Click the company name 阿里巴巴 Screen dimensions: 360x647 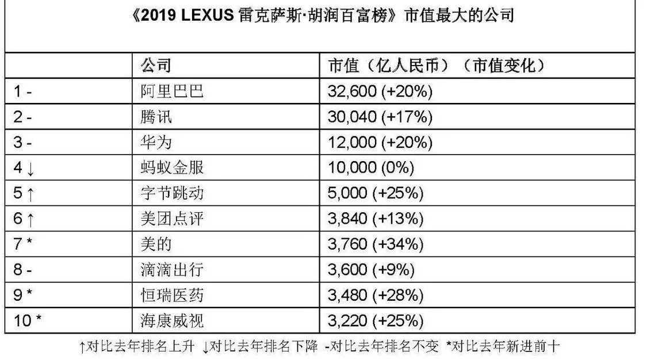[172, 91]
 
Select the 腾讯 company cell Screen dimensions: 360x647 [156, 117]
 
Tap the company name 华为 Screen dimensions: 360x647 [156, 142]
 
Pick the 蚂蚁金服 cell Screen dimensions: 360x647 [172, 167]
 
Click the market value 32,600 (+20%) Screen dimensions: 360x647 [379, 91]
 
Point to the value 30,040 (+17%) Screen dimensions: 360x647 [380, 117]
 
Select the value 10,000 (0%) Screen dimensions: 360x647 [371, 167]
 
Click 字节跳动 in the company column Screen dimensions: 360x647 [172, 193]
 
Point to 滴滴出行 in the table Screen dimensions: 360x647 [172, 270]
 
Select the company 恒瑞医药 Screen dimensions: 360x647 [172, 295]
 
